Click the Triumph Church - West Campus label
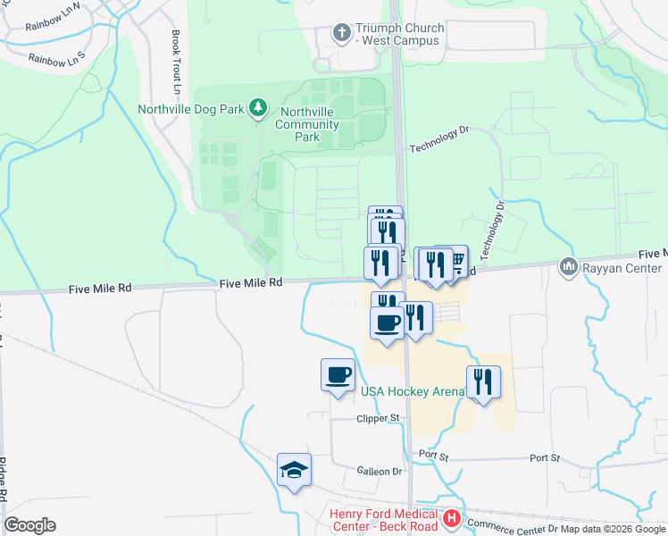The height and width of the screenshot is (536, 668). (399, 34)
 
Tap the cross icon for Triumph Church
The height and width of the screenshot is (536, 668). (340, 34)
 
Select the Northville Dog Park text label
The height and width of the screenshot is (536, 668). (191, 109)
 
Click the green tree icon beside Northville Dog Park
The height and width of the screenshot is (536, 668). (258, 108)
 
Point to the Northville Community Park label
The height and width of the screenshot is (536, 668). (308, 124)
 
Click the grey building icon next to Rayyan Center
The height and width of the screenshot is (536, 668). (568, 266)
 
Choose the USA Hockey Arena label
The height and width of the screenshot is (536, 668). (412, 391)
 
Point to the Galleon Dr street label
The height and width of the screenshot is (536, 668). (379, 471)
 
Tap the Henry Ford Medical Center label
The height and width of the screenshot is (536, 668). (384, 520)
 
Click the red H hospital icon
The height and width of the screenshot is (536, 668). (453, 518)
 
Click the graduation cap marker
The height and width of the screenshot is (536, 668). (294, 470)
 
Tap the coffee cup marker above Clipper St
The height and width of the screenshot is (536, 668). (338, 374)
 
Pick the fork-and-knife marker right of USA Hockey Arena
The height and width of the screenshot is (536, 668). (483, 382)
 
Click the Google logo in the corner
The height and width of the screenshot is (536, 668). (29, 524)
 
